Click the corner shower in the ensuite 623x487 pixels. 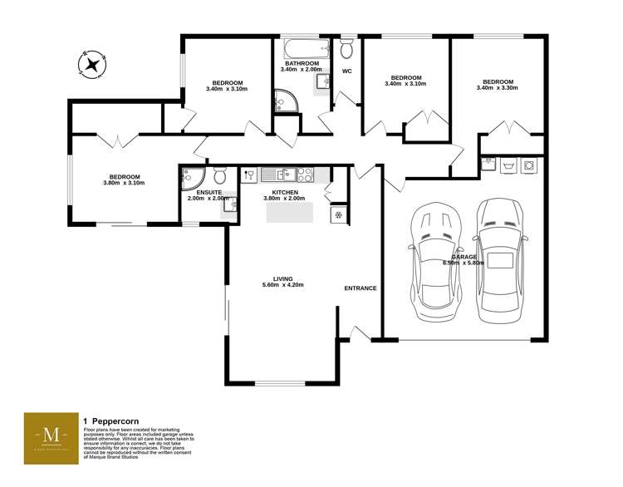191,176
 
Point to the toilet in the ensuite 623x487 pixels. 219,176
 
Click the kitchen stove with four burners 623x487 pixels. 305,175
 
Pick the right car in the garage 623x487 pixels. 501,262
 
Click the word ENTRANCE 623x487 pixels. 361,288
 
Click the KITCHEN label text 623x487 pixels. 284,192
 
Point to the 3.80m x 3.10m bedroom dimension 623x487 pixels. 124,183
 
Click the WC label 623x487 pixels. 347,71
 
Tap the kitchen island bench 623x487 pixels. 291,213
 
